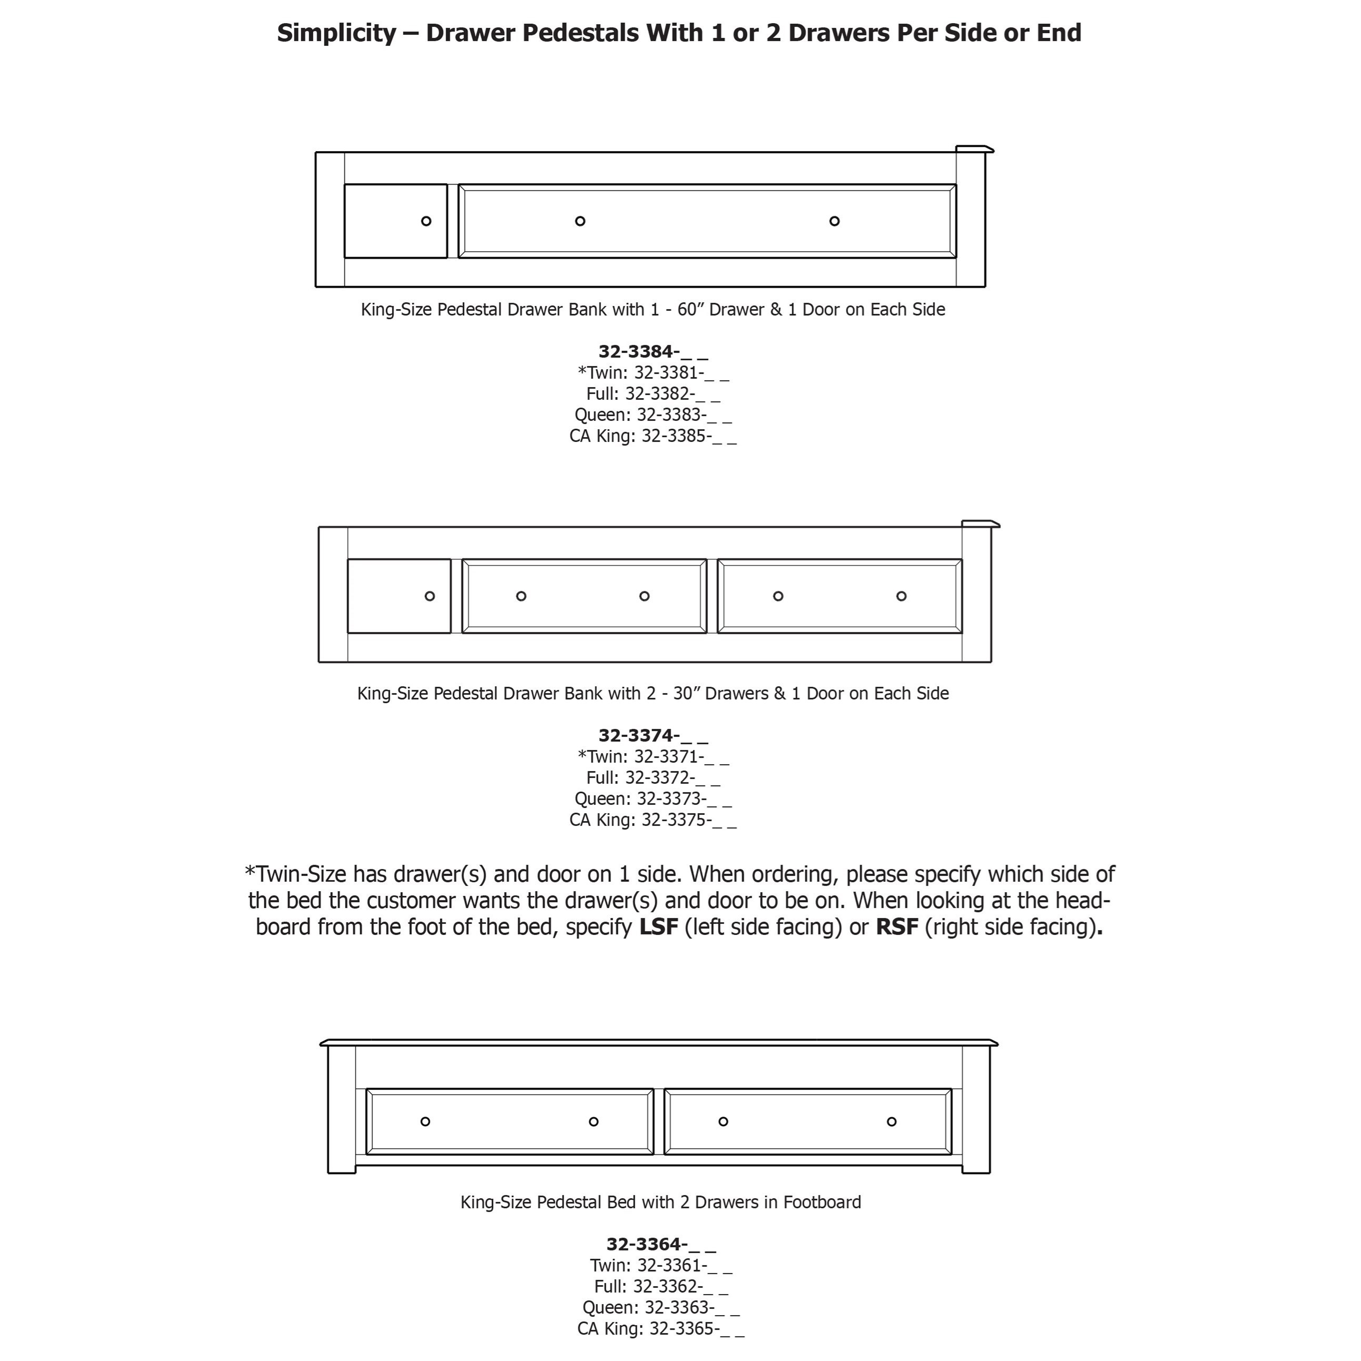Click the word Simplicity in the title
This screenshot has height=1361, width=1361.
click(337, 33)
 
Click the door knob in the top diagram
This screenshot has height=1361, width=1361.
click(426, 221)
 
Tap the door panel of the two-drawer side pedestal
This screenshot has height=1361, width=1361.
click(399, 596)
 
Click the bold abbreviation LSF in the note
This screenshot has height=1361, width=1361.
click(658, 926)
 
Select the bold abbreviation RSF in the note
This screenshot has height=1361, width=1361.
click(897, 926)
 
